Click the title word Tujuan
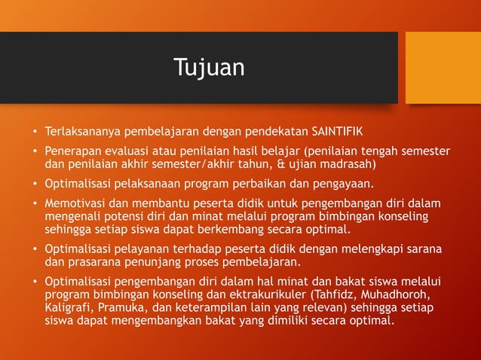pyautogui.click(x=209, y=68)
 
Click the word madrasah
pyautogui.click(x=345, y=163)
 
